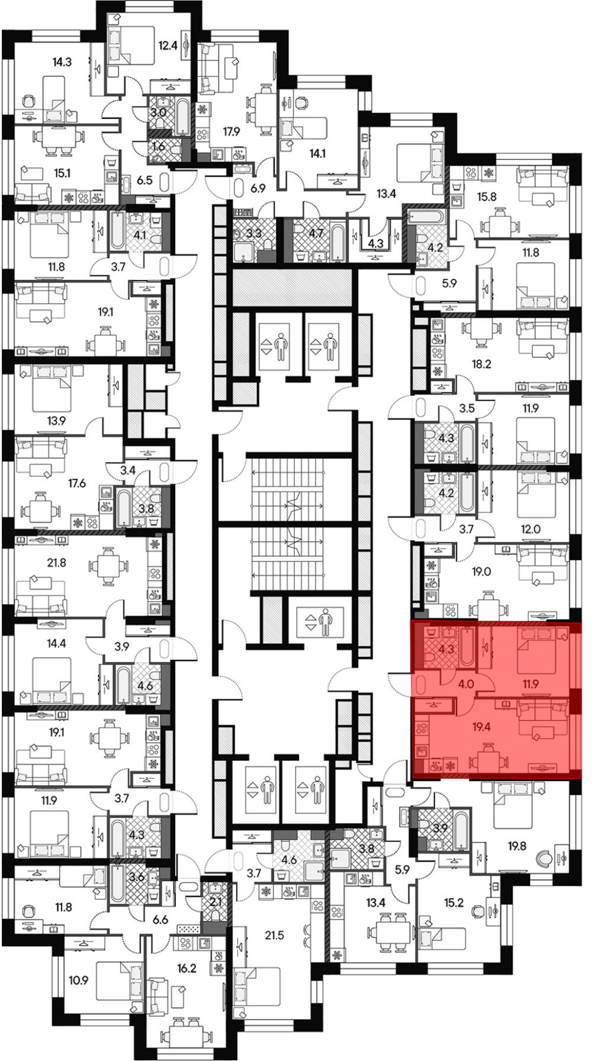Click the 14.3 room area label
[x=62, y=61]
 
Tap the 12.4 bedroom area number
[x=168, y=44]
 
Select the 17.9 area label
[x=232, y=132]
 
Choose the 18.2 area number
[x=481, y=365]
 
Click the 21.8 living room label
[x=56, y=563]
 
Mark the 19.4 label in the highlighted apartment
[x=481, y=727]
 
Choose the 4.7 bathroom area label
[x=316, y=233]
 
